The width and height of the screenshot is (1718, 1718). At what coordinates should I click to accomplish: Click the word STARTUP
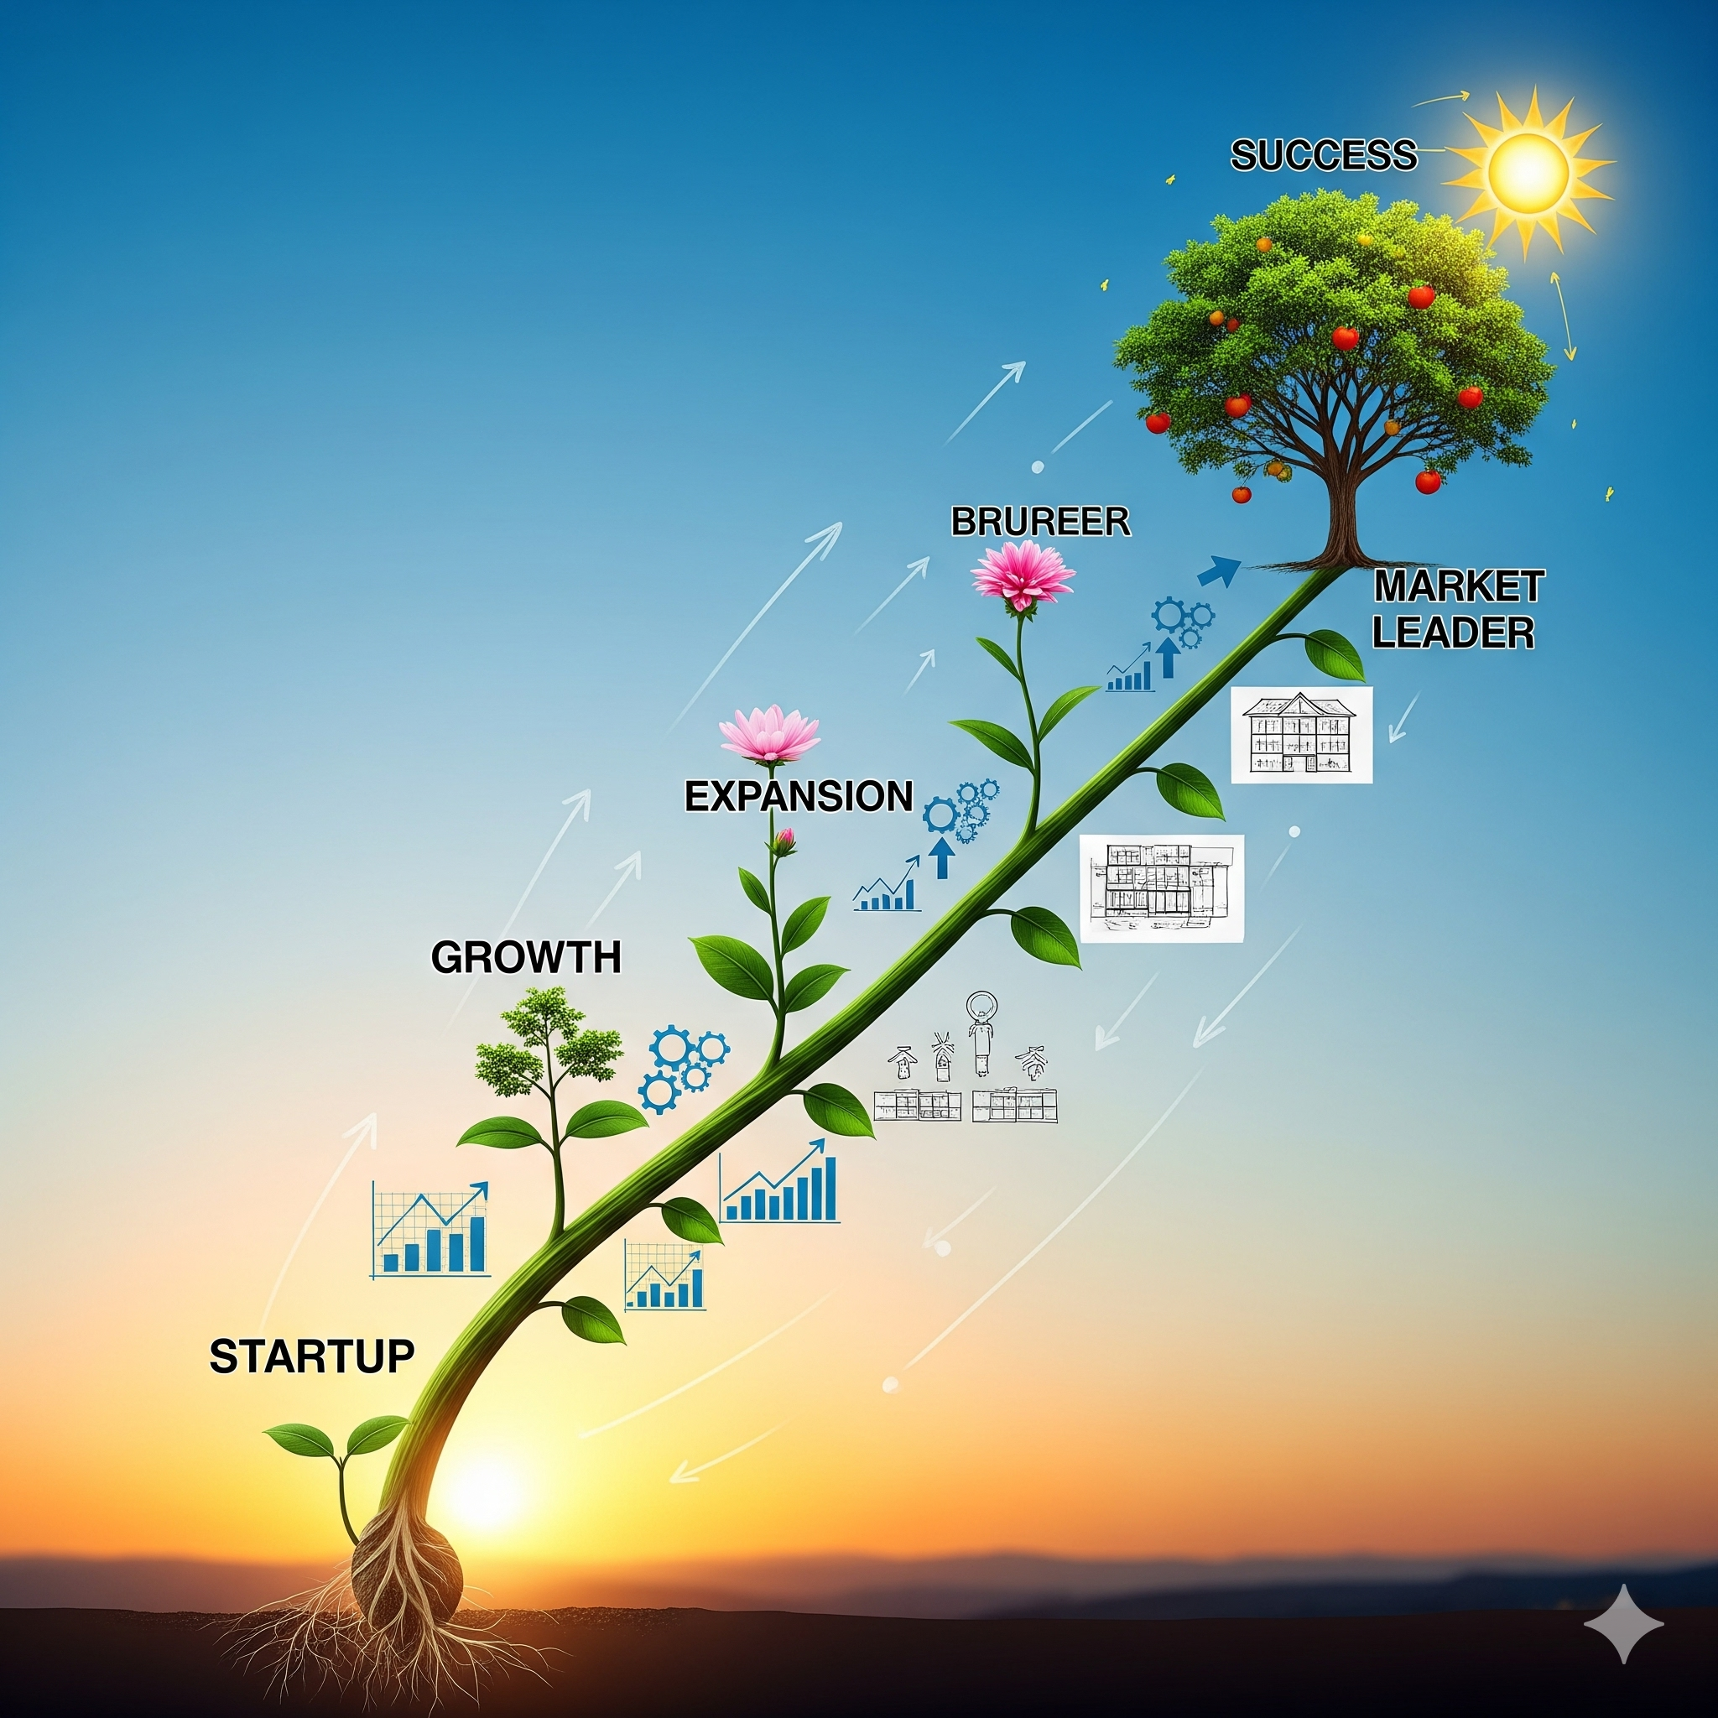[x=311, y=1357]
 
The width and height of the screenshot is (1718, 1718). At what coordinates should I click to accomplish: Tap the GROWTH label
[x=525, y=958]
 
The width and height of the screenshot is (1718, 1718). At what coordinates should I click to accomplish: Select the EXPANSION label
[x=798, y=796]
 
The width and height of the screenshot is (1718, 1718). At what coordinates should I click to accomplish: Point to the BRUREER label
[x=1039, y=522]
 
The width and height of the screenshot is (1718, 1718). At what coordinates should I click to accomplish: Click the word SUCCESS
[x=1323, y=156]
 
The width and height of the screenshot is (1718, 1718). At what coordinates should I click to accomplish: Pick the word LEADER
[x=1453, y=633]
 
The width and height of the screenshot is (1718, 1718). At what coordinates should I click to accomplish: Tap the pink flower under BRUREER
[x=1023, y=575]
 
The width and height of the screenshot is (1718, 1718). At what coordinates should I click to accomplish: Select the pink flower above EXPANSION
[x=769, y=735]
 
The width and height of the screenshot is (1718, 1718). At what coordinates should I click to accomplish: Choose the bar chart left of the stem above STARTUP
[x=431, y=1230]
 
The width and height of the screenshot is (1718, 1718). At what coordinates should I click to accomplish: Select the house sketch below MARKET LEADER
[x=1300, y=735]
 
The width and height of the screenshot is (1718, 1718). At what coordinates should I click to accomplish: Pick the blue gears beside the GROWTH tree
[x=683, y=1068]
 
